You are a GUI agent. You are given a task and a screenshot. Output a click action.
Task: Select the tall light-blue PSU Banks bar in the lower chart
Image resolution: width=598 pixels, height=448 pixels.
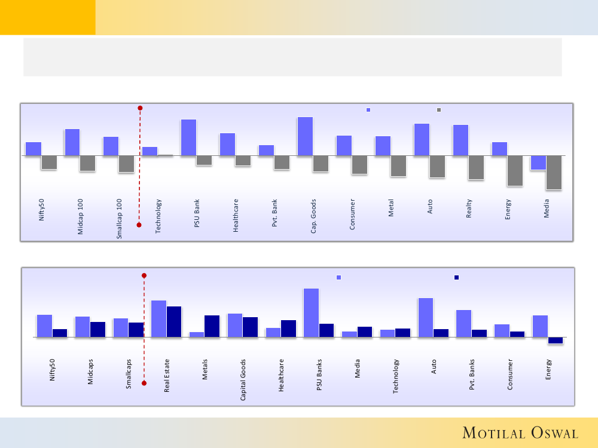click(x=311, y=312)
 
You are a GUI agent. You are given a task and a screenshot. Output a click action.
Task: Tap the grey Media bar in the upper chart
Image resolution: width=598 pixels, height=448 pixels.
click(x=554, y=173)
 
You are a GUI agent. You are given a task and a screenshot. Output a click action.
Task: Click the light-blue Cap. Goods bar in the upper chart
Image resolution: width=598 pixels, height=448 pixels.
click(x=305, y=136)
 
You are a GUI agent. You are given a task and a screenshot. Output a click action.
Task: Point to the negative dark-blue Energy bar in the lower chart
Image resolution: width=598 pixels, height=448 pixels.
click(x=555, y=340)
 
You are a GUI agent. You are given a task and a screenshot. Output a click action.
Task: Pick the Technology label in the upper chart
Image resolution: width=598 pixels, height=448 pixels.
click(x=158, y=216)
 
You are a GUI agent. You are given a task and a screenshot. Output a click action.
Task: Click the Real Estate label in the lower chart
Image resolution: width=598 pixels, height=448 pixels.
click(x=167, y=375)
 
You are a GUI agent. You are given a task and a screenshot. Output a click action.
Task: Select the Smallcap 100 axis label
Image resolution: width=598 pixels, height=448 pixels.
click(x=120, y=219)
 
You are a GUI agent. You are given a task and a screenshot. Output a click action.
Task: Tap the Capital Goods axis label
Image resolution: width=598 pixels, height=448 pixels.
click(x=243, y=379)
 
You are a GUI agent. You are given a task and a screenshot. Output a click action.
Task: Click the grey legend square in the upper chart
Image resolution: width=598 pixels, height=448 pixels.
click(x=439, y=110)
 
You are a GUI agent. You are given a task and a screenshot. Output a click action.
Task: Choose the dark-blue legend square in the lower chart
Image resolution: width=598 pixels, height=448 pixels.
click(x=456, y=277)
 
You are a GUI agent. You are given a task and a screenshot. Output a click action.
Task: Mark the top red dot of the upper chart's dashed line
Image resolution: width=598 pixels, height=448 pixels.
click(x=140, y=108)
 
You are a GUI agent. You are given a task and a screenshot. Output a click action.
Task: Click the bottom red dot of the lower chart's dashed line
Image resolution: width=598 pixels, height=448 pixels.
click(x=144, y=383)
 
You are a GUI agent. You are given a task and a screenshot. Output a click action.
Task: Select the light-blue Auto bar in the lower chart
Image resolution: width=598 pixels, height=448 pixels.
click(x=426, y=317)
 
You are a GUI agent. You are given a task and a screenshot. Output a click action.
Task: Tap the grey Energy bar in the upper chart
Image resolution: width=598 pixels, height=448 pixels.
click(x=515, y=171)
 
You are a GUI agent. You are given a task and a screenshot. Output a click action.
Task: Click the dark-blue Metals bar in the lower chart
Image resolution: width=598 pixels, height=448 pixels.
click(x=212, y=326)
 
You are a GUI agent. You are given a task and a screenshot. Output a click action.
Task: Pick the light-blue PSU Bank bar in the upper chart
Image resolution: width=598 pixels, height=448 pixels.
click(x=188, y=137)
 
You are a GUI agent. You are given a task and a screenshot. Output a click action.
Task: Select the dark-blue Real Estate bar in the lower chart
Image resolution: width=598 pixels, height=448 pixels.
click(x=174, y=321)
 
